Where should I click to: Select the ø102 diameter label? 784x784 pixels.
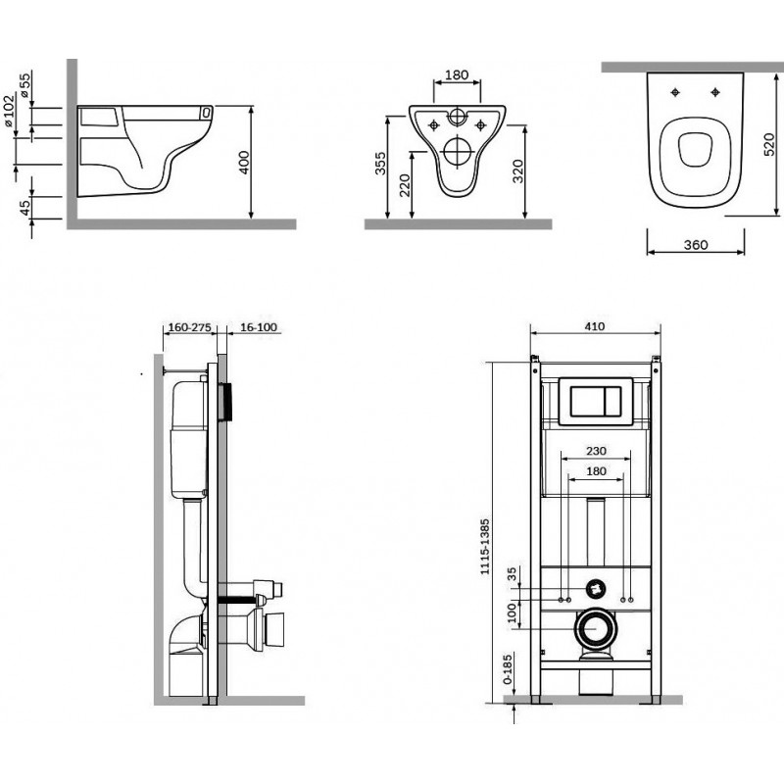(10, 111)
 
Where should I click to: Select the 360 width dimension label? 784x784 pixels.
(694, 244)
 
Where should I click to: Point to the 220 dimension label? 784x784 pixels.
(403, 186)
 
